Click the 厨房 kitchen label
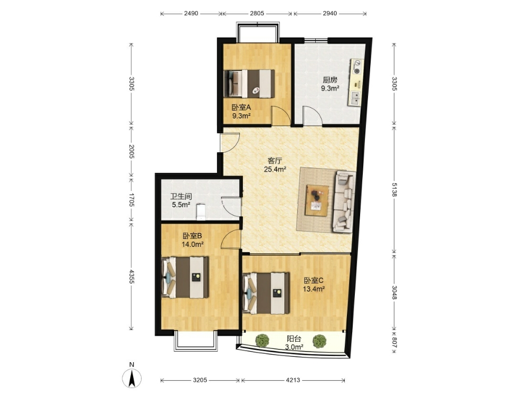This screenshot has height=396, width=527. [x=330, y=80]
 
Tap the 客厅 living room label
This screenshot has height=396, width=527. [x=275, y=161]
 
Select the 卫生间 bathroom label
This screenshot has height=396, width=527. [x=181, y=196]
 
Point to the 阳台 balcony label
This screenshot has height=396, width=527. [x=294, y=338]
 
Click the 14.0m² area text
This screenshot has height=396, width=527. [x=193, y=245]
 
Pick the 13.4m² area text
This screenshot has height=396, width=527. [x=314, y=289]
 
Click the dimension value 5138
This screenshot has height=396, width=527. [x=394, y=189]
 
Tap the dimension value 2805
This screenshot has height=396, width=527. [x=257, y=13]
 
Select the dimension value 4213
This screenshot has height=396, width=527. [x=293, y=380]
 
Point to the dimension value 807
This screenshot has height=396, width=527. [x=394, y=343]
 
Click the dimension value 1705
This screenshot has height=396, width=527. [x=131, y=200]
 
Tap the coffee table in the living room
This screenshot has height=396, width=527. [x=317, y=200]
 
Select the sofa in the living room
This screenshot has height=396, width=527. [x=344, y=201]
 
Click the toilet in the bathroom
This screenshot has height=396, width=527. [x=201, y=211]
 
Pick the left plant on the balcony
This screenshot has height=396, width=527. [x=262, y=340]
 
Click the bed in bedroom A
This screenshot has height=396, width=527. [x=249, y=84]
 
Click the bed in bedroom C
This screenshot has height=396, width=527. [x=266, y=293]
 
